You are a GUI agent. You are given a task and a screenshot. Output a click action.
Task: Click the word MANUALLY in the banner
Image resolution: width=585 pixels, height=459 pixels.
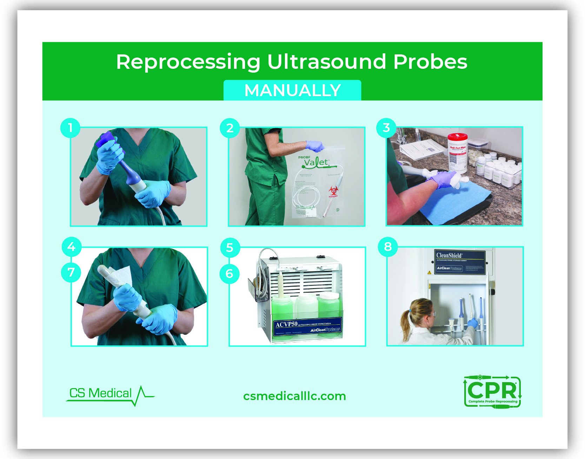pos(292,91)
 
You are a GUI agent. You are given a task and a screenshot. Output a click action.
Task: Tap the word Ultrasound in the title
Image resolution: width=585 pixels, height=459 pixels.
pos(327,62)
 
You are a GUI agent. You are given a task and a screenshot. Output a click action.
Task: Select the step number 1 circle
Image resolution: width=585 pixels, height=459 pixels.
pos(70,128)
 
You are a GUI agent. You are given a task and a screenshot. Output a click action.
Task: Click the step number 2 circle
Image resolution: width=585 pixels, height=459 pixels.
pos(230,128)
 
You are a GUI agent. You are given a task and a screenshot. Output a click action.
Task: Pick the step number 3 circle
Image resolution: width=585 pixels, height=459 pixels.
pos(386,128)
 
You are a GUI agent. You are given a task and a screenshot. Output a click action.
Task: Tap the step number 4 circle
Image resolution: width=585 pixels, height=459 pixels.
pos(71,247)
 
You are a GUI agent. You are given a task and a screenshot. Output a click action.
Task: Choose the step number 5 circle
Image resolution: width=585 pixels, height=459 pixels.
pos(230,248)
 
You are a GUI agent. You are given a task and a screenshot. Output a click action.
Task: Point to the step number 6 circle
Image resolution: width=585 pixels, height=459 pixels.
pos(230,273)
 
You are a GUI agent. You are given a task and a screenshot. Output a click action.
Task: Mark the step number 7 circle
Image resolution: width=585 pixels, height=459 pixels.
pos(71,272)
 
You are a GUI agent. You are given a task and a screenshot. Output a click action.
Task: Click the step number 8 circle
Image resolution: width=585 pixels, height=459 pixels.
pos(388,247)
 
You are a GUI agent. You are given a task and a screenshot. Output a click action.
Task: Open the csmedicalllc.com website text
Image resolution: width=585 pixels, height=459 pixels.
pos(294,396)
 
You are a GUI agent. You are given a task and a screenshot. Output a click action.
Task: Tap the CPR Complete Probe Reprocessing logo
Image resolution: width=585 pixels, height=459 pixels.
pos(492,392)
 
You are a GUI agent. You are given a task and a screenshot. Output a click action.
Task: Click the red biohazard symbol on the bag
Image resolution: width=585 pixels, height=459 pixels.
pos(333,191)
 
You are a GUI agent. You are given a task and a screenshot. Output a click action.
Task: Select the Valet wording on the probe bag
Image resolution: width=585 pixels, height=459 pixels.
pos(317,162)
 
